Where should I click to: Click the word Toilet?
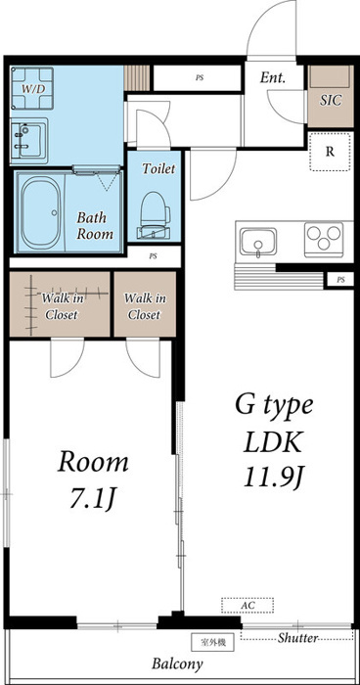[x=158, y=168]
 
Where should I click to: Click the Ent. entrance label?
[x=273, y=78]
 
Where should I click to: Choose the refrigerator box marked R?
[x=331, y=152]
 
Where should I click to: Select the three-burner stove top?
[x=325, y=239]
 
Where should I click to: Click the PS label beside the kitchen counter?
[x=340, y=281]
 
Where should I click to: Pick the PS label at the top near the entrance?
[x=200, y=77]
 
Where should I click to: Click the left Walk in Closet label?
[x=62, y=306]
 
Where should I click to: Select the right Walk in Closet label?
[x=144, y=306]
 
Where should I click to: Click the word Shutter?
[x=296, y=638]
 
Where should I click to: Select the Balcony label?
[x=177, y=663]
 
